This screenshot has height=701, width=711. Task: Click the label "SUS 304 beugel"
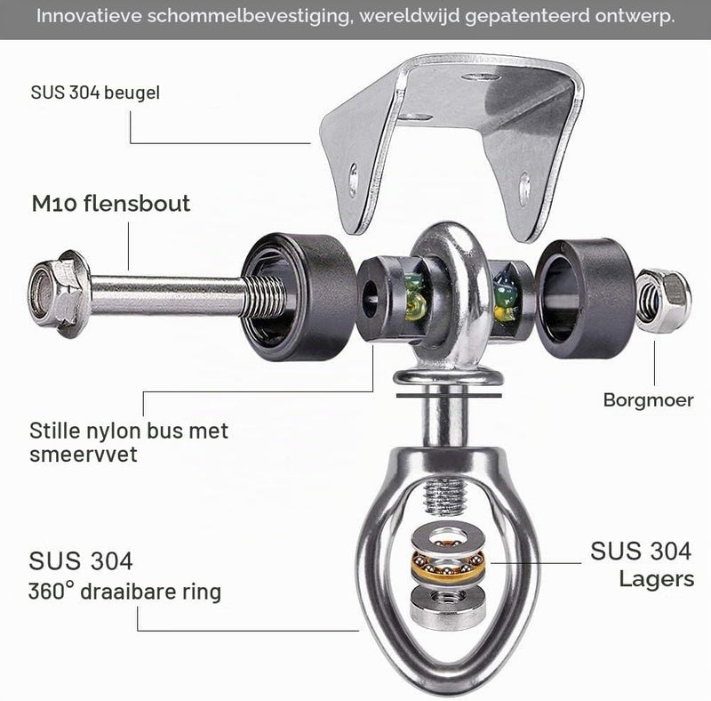pos(95,93)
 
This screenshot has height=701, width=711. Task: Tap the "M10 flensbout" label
pos(111,203)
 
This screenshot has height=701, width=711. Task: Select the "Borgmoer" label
pos(649,400)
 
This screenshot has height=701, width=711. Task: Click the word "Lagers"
pos(657,579)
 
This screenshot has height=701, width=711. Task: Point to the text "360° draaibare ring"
pos(124,591)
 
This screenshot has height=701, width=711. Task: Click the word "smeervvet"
pos(84,454)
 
